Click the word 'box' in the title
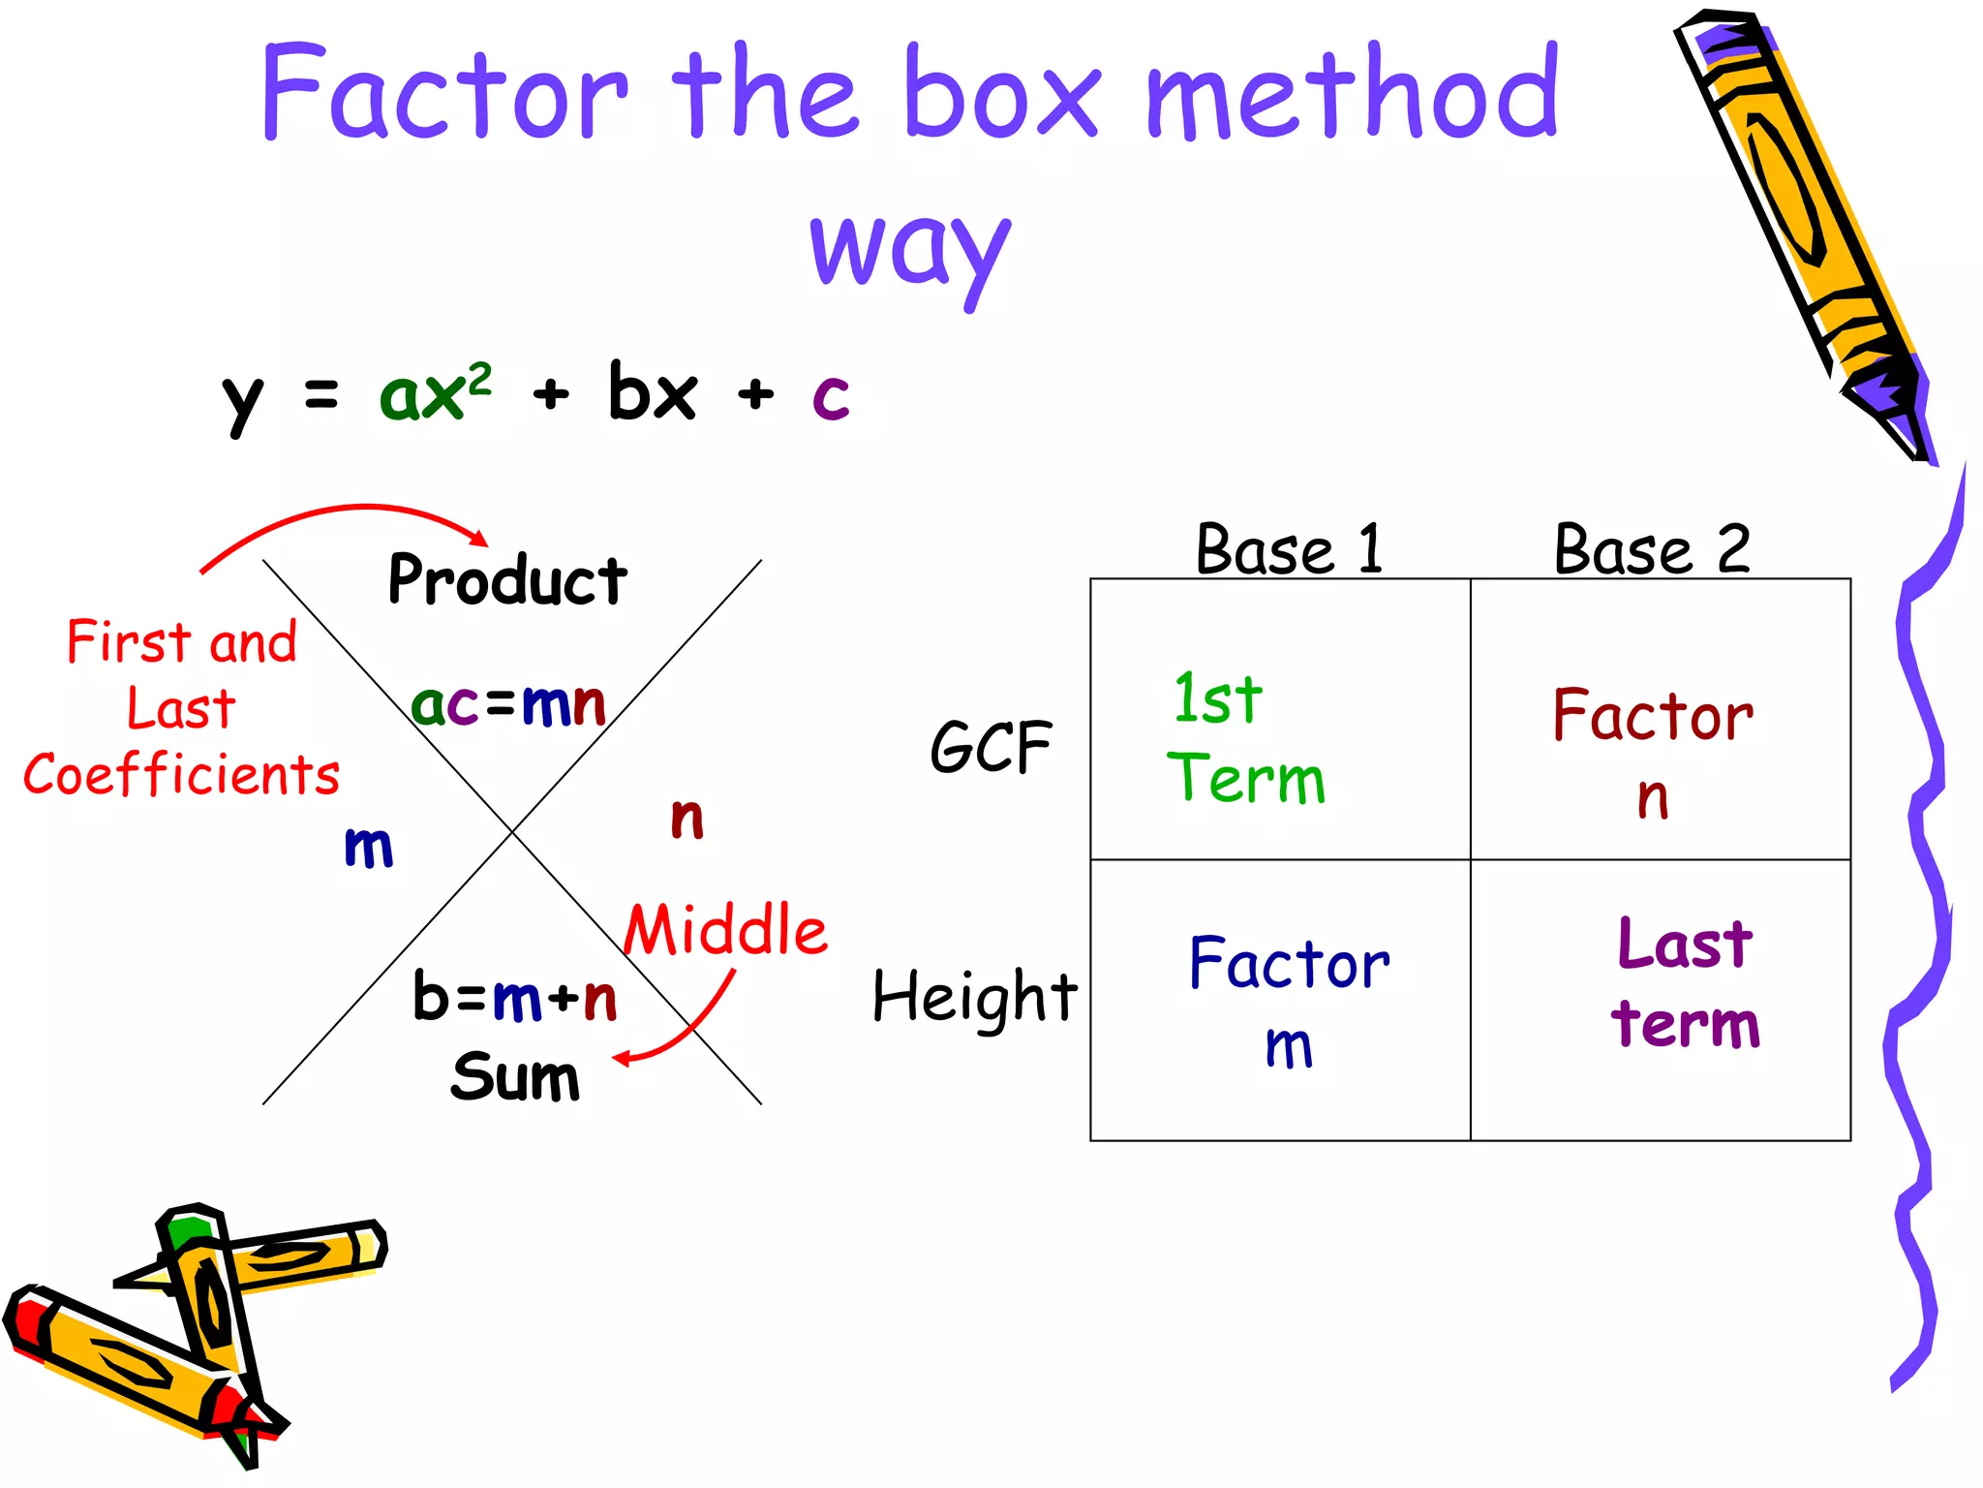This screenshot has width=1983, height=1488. tap(1001, 94)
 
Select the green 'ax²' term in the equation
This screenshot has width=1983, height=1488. tap(435, 392)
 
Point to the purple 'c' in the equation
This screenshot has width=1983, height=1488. tap(831, 395)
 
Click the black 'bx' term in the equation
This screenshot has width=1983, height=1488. tap(652, 392)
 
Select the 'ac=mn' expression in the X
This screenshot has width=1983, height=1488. tap(508, 704)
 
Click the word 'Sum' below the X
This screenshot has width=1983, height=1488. tap(515, 1076)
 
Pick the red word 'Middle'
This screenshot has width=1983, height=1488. tap(725, 930)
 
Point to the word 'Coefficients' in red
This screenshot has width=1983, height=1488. tap(182, 775)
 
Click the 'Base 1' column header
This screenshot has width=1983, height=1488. tap(1289, 549)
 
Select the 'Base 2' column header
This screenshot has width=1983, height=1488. tap(1652, 549)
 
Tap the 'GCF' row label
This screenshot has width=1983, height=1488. tap(991, 747)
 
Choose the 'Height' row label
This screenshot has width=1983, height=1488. tap(974, 997)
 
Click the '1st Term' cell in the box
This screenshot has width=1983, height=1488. tap(1280, 720)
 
